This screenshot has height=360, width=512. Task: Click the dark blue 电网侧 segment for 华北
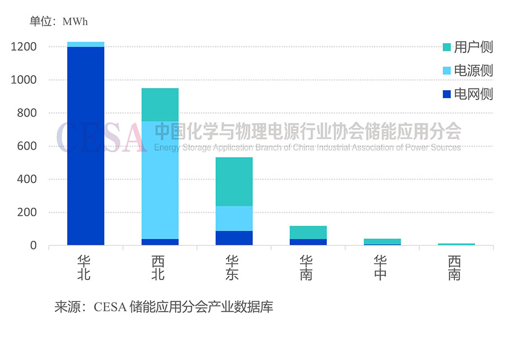click(x=86, y=146)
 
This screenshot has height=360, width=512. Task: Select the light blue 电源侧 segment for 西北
click(x=160, y=180)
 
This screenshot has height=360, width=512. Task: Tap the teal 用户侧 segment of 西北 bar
click(x=160, y=105)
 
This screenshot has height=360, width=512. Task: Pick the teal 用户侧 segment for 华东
click(x=234, y=181)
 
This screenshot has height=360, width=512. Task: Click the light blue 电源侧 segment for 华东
click(x=234, y=218)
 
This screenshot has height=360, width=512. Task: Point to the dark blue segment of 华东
click(x=234, y=238)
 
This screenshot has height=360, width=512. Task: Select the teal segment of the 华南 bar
click(x=308, y=232)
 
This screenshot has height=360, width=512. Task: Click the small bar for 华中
click(x=382, y=242)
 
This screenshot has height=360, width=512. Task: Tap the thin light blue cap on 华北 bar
click(x=86, y=44)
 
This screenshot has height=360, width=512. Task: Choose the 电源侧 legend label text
click(x=473, y=71)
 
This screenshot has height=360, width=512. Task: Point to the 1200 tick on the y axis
click(x=24, y=47)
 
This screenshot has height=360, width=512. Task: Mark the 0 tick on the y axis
click(x=33, y=246)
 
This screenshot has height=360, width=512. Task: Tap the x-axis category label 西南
click(x=454, y=268)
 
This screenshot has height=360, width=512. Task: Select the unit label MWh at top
click(x=76, y=22)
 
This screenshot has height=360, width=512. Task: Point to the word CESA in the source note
click(x=110, y=307)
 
